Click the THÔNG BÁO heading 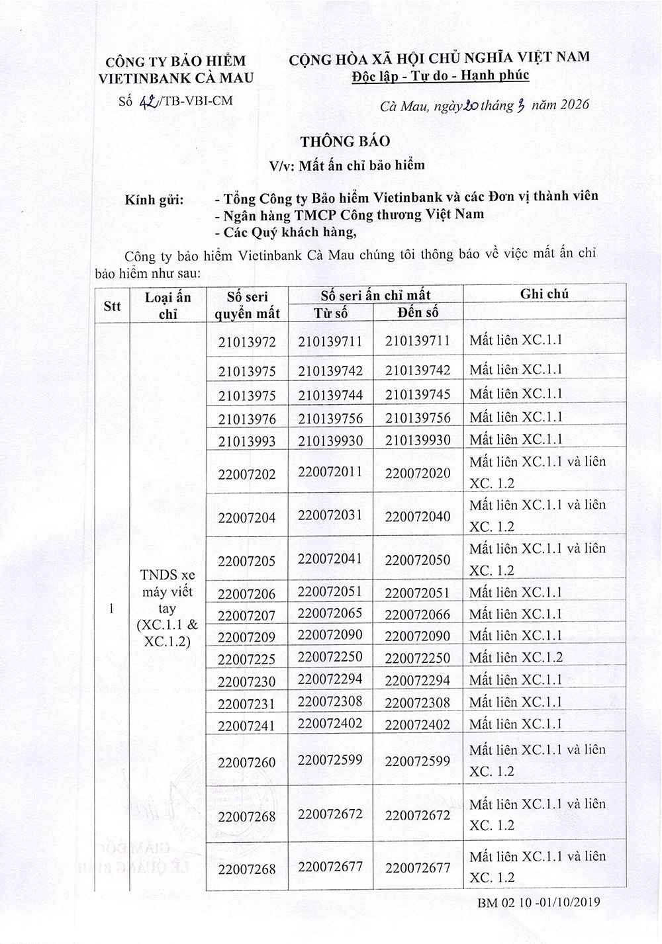coord(345,142)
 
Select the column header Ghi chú coord(544,294)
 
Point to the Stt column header coord(113,306)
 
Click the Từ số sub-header coord(330,313)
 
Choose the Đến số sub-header coord(418,312)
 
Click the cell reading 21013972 coord(247,342)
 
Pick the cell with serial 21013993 coord(247,441)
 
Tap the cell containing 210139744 coord(330,395)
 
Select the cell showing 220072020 coord(418,473)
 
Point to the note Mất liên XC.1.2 coord(516,658)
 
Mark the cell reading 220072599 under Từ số coord(330,760)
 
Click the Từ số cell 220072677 coord(330,867)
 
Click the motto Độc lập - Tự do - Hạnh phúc coord(440,75)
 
